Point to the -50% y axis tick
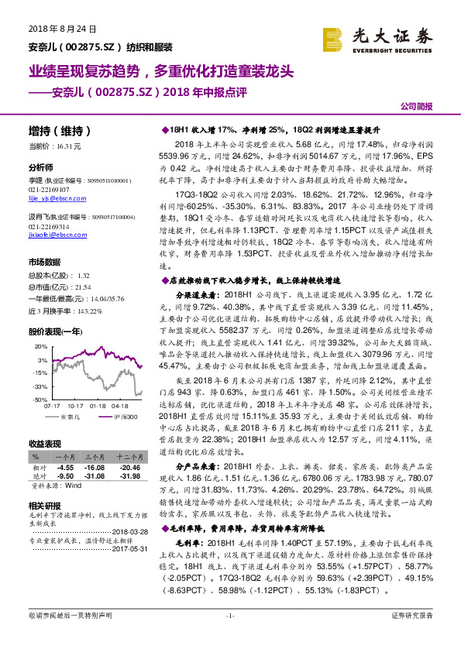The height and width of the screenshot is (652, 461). coord(39,399)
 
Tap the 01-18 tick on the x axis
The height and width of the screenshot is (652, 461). coord(98,405)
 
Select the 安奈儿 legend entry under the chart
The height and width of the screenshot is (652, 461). coord(71,417)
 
